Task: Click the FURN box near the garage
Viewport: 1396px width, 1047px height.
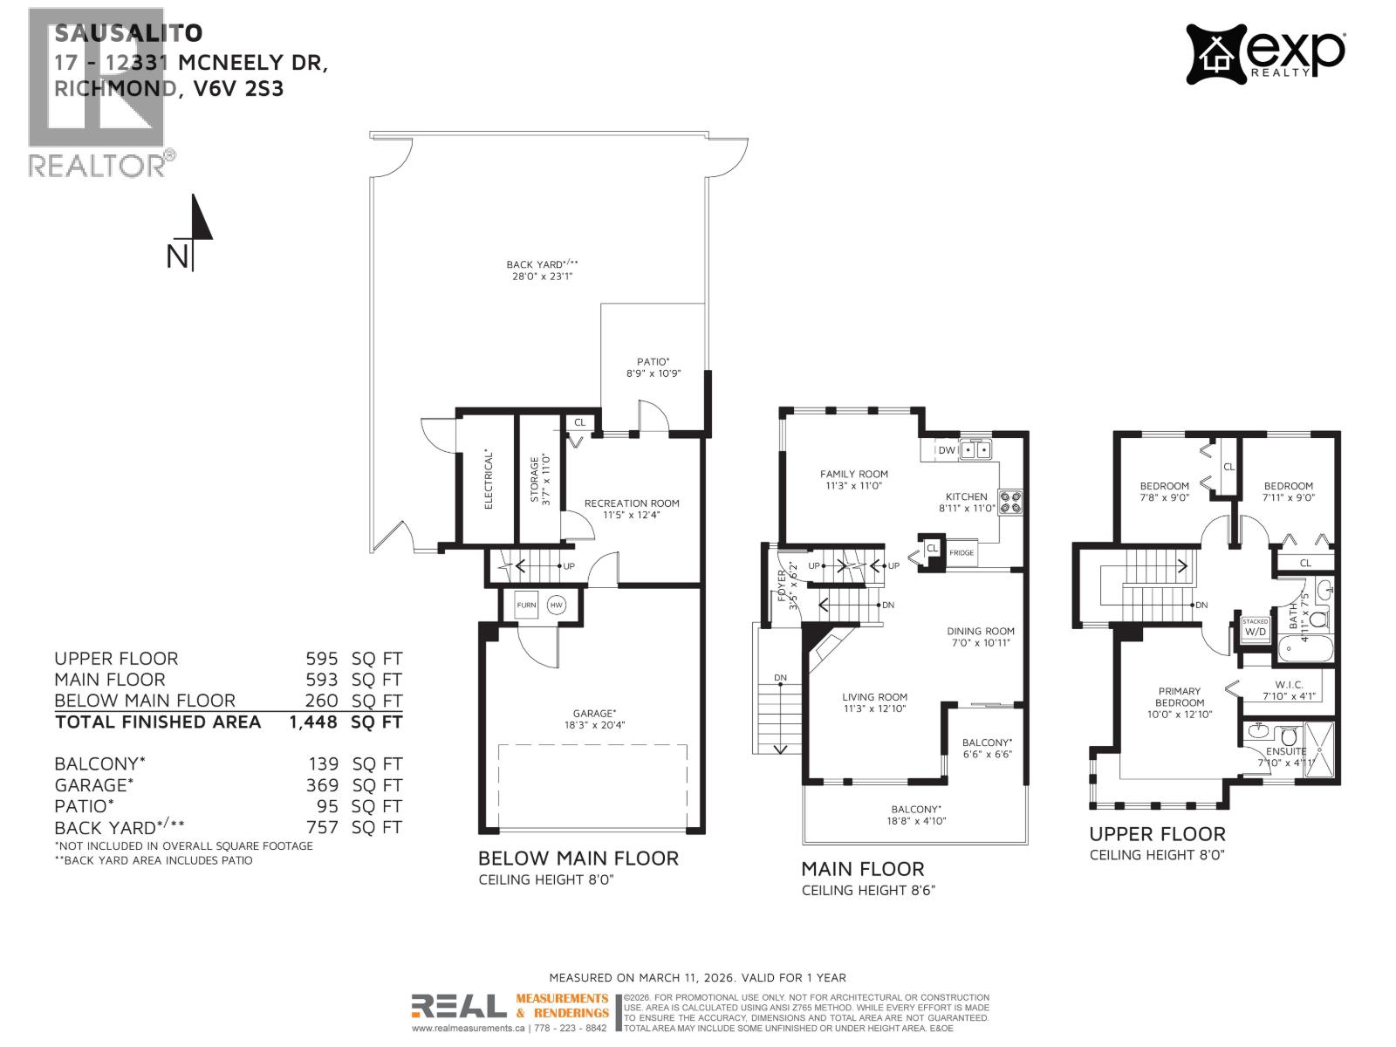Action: (x=526, y=605)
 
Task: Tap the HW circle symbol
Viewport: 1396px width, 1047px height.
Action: (x=556, y=605)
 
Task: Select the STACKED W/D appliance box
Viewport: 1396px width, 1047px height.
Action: (x=1256, y=627)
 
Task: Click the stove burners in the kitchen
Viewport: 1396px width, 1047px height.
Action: (x=1010, y=502)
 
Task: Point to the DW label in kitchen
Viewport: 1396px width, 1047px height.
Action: (x=946, y=450)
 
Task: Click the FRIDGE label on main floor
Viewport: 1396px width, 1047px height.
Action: (x=961, y=553)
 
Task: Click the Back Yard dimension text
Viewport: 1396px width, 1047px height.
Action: (x=542, y=276)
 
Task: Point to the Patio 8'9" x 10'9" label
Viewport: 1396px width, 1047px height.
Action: (x=653, y=366)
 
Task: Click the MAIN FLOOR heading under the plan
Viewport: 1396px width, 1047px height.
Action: (x=862, y=869)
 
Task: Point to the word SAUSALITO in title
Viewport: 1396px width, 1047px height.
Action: (x=128, y=33)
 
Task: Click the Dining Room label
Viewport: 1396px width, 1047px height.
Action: (x=981, y=636)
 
